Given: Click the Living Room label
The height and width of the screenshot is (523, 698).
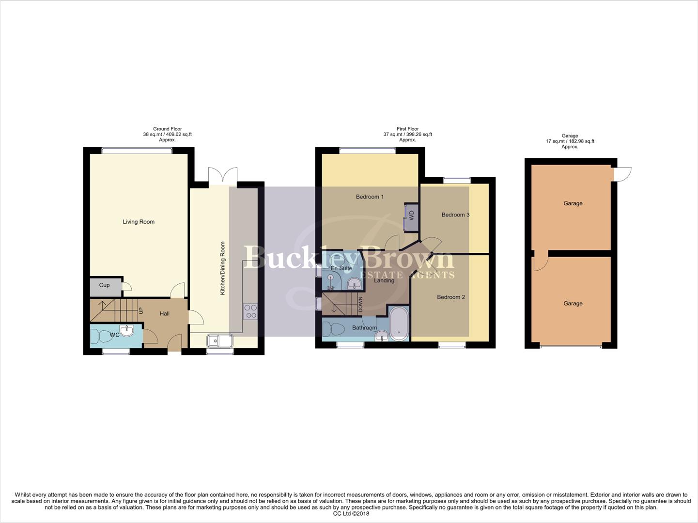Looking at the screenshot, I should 139,222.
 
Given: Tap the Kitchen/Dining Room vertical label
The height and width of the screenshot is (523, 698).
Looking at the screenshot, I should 223,268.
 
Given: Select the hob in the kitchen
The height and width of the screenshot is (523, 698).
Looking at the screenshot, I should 250,311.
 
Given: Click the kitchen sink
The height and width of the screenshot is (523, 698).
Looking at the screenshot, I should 220,341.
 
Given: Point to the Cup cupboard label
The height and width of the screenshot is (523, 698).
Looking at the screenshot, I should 104,285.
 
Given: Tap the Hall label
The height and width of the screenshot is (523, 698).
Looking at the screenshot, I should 165,314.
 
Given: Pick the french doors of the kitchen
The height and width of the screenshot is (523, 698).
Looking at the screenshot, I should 223,176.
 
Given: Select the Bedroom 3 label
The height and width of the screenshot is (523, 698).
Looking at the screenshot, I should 455,215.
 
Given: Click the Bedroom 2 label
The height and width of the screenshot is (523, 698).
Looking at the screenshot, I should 451,297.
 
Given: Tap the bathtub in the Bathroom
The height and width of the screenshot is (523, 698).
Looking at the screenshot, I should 399,323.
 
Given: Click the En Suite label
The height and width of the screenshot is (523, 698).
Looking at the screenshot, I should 341,268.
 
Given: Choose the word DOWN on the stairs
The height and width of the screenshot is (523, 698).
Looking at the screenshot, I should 360,304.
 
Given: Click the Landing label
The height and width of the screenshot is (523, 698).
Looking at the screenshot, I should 384,280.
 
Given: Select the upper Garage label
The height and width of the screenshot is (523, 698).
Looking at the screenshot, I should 573,203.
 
